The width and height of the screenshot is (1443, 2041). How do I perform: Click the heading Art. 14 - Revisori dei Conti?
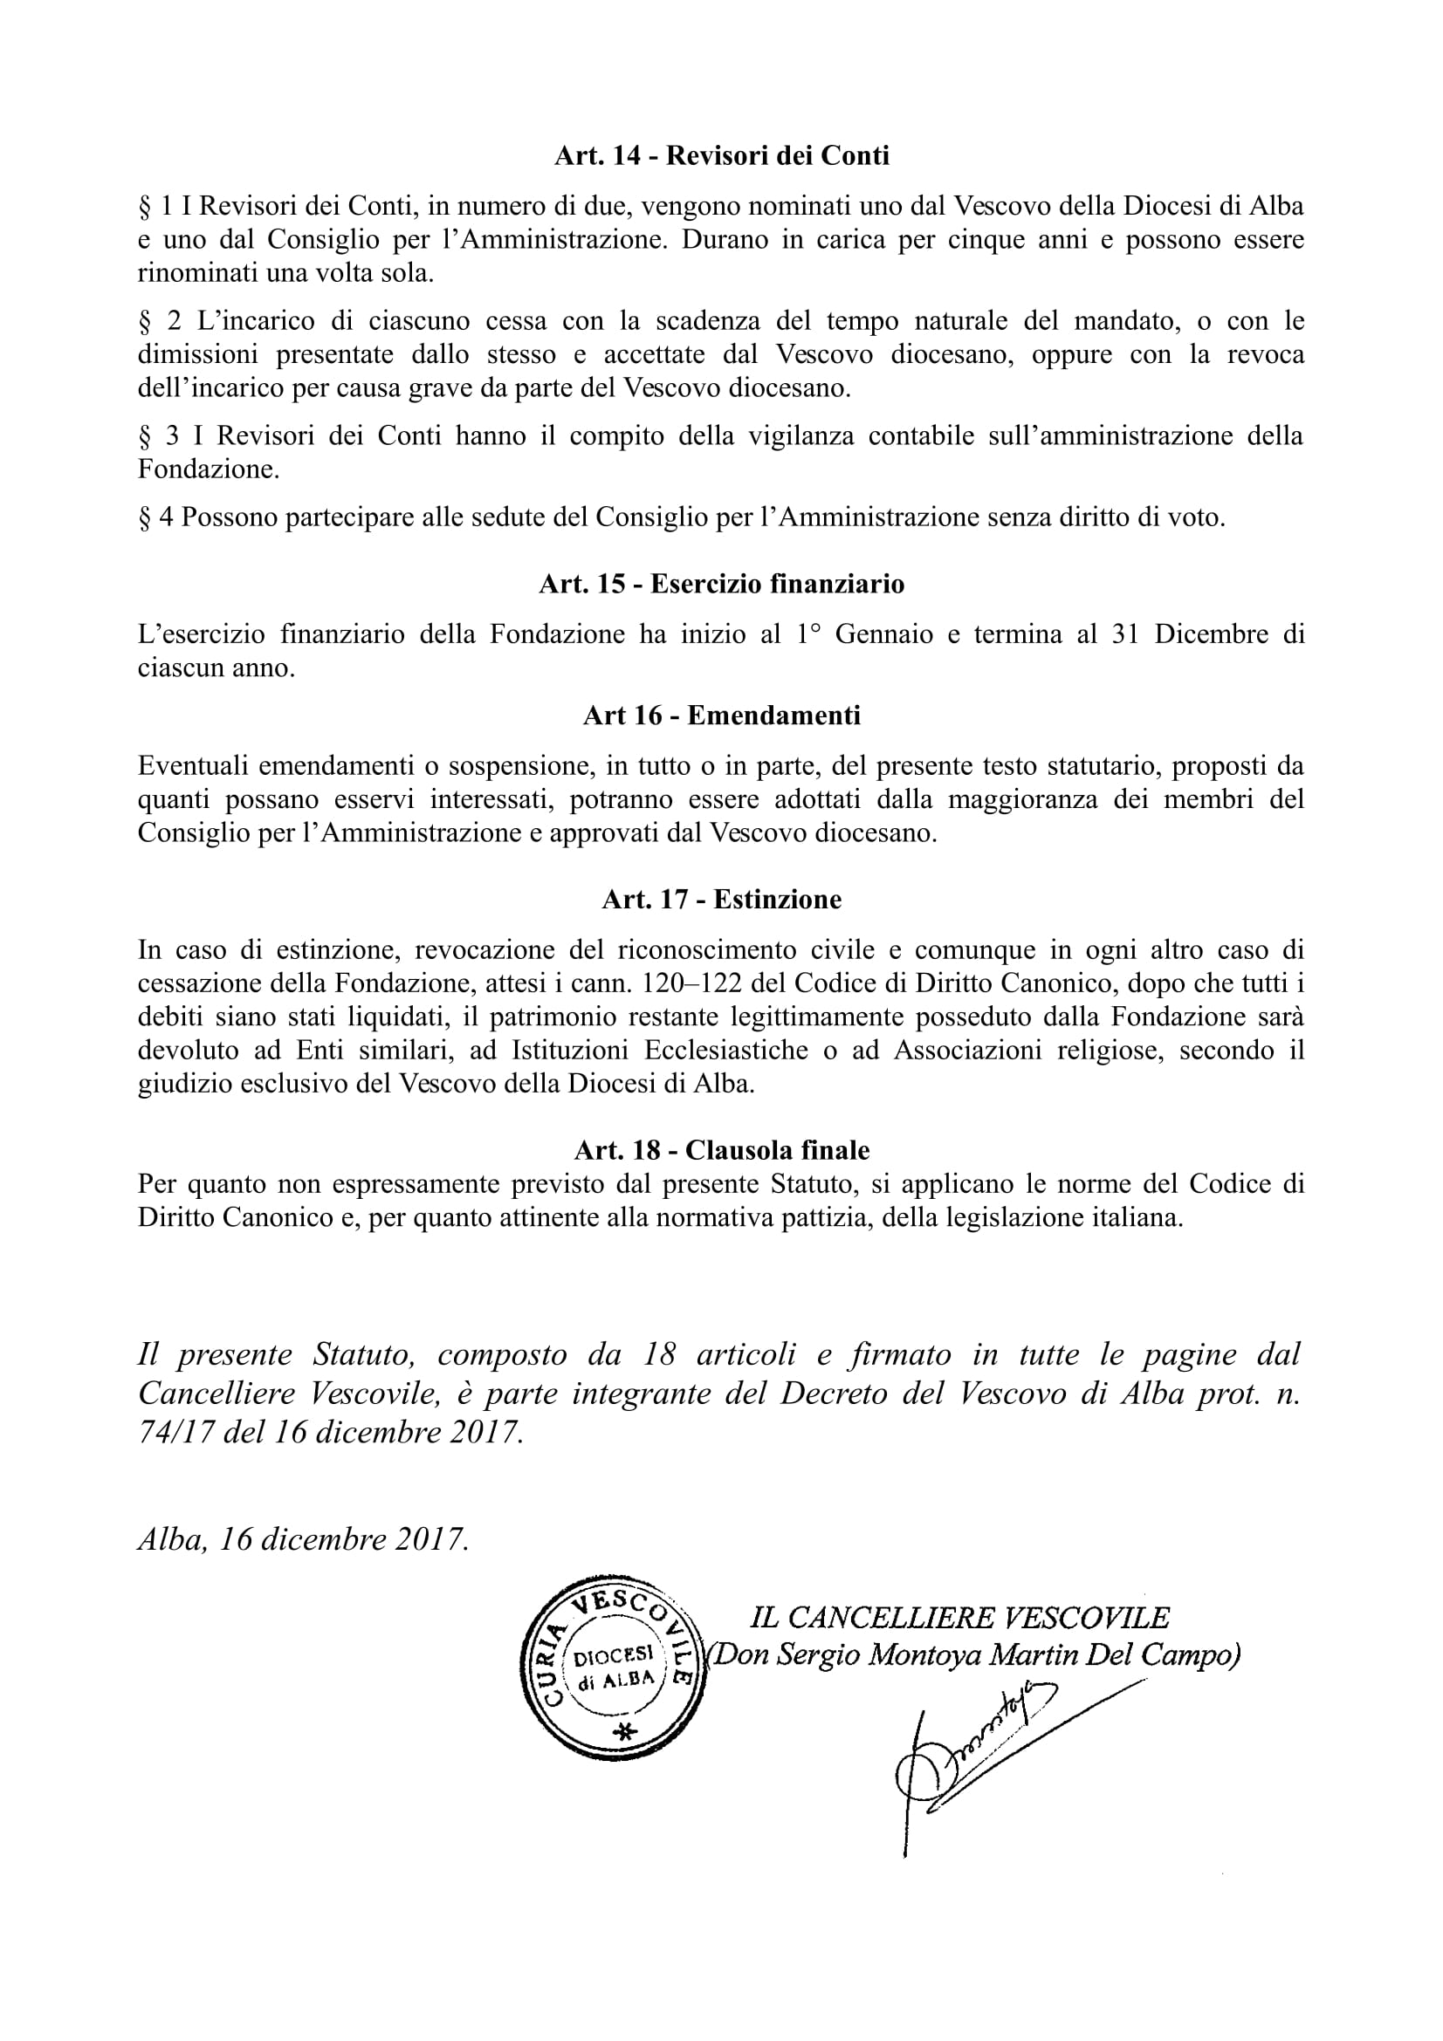click(721, 155)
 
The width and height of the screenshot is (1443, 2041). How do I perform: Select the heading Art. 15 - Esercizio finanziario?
click(721, 584)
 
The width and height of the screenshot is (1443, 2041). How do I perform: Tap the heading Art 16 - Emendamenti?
click(721, 716)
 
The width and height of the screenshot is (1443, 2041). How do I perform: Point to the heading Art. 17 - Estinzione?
click(721, 900)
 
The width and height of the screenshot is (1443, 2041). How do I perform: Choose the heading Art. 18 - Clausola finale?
click(721, 1150)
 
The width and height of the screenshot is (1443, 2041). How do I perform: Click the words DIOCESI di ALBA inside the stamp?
click(615, 1668)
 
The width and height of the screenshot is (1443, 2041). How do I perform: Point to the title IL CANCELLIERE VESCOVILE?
click(960, 1618)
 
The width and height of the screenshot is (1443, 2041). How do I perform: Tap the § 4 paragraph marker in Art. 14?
click(155, 518)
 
